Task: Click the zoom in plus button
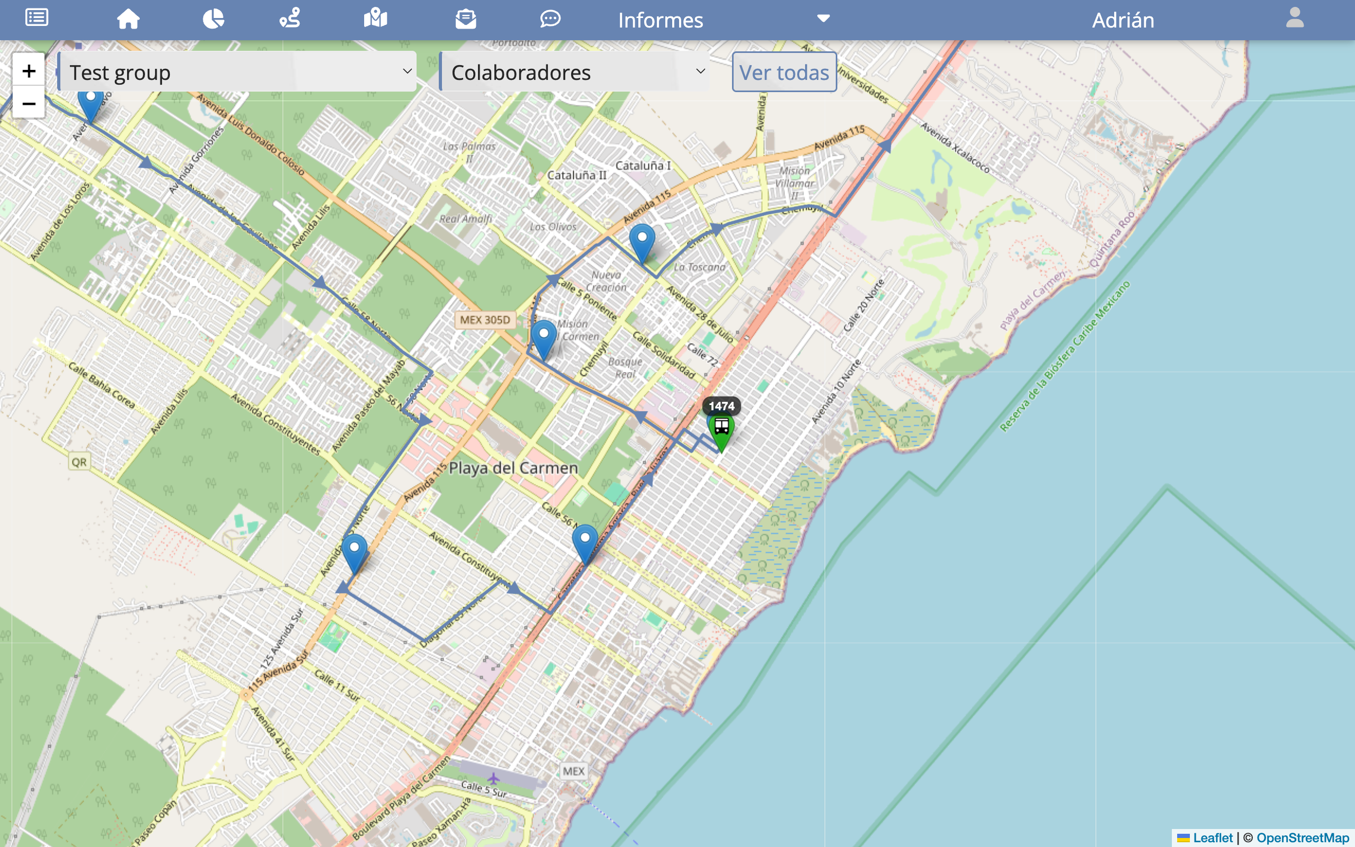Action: point(29,70)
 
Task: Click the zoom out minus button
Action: point(29,104)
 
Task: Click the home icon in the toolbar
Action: point(128,19)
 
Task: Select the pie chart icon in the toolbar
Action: point(213,19)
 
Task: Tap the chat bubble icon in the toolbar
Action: point(550,19)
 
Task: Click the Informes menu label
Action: point(660,20)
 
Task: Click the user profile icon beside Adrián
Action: point(1295,18)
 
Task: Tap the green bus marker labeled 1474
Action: point(721,430)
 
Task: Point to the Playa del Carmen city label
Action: point(513,468)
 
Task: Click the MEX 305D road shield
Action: point(485,320)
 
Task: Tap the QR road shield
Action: point(79,462)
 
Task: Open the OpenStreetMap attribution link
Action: point(1303,837)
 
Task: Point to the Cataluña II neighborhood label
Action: point(576,175)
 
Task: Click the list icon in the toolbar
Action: point(37,18)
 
